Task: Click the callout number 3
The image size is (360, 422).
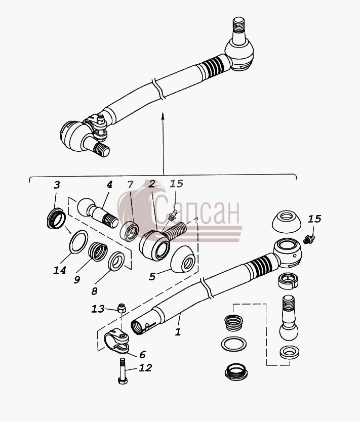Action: coord(57,185)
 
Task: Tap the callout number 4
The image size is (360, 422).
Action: coord(109,185)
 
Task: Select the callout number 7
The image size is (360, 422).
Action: coord(130,185)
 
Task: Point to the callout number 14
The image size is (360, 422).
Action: coord(60,270)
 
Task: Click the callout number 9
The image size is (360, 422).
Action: coord(77,280)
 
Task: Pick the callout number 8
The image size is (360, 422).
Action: coord(94,291)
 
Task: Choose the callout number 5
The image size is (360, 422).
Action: coord(152,276)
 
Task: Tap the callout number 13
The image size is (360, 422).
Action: coord(98,309)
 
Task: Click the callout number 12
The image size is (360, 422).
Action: coord(145,368)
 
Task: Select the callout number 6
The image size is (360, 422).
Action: coord(142,355)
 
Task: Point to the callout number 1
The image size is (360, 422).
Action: coord(178,332)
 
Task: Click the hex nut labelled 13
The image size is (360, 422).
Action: coord(122,308)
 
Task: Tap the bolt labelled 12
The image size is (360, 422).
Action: coord(123,371)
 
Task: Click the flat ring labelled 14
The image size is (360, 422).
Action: coord(78,242)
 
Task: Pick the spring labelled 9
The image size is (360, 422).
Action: coord(98,251)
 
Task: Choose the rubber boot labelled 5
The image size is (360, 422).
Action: coord(183,259)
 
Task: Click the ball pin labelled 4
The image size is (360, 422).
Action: coord(98,213)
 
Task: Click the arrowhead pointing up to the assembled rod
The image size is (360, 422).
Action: coord(163,116)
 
